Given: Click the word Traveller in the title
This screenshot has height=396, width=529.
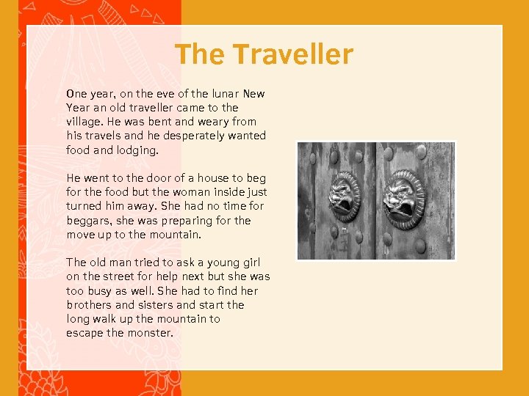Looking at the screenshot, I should (x=294, y=54).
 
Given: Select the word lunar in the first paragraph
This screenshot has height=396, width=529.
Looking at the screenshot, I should (x=223, y=94).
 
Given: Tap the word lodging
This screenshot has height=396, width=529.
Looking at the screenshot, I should (x=137, y=150).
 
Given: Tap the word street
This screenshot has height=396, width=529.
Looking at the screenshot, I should (x=116, y=276).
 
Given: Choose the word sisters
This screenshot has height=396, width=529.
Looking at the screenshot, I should (x=155, y=305).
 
